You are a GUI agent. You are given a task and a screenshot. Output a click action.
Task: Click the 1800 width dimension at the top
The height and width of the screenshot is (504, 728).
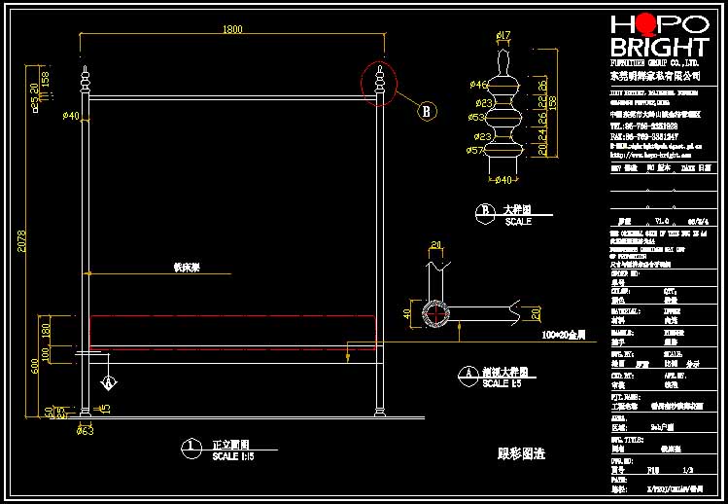coord(232,30)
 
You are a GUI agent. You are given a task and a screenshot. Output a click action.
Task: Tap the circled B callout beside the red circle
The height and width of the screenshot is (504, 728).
coord(426,111)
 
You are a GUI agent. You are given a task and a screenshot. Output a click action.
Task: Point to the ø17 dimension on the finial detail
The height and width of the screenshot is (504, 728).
coord(503,37)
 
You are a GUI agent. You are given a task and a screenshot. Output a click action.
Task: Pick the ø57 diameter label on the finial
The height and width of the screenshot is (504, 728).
coord(477,151)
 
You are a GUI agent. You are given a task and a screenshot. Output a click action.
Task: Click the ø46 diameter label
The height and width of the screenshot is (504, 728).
coord(479,85)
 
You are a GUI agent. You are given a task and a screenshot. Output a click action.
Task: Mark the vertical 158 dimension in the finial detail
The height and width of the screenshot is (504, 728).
coord(554,101)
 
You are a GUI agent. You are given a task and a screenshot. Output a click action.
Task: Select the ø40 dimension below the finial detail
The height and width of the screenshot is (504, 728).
coord(503,179)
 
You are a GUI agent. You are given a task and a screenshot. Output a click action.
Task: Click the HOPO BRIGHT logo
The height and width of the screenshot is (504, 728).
coord(659,36)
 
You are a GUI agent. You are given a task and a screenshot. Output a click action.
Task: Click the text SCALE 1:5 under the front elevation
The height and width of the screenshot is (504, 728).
coord(234,456)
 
